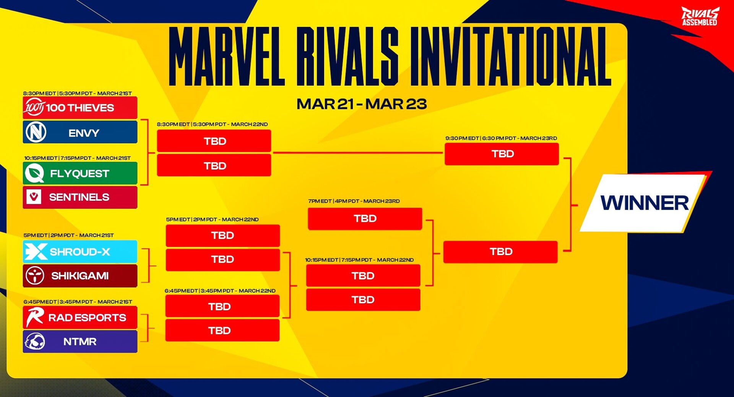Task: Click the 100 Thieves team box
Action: tap(80, 108)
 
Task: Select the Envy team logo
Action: tap(36, 132)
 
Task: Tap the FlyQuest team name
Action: tap(80, 174)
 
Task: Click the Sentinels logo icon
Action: tap(34, 197)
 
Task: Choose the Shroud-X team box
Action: tap(80, 252)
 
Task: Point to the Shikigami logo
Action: tap(35, 275)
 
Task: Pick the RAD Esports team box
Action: tap(80, 317)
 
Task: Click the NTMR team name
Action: tap(80, 342)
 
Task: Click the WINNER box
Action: tap(644, 203)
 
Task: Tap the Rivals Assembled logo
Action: tap(700, 16)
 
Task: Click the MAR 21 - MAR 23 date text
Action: tap(361, 104)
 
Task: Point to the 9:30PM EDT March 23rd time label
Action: tap(501, 138)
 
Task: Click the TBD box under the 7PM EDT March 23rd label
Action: tap(365, 219)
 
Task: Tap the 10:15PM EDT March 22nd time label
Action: tap(359, 260)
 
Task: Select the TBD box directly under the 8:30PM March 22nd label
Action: tap(214, 141)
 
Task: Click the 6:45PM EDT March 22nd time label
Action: tap(220, 291)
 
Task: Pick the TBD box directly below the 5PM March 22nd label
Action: tap(222, 235)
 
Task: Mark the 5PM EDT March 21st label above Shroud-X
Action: tap(68, 235)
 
